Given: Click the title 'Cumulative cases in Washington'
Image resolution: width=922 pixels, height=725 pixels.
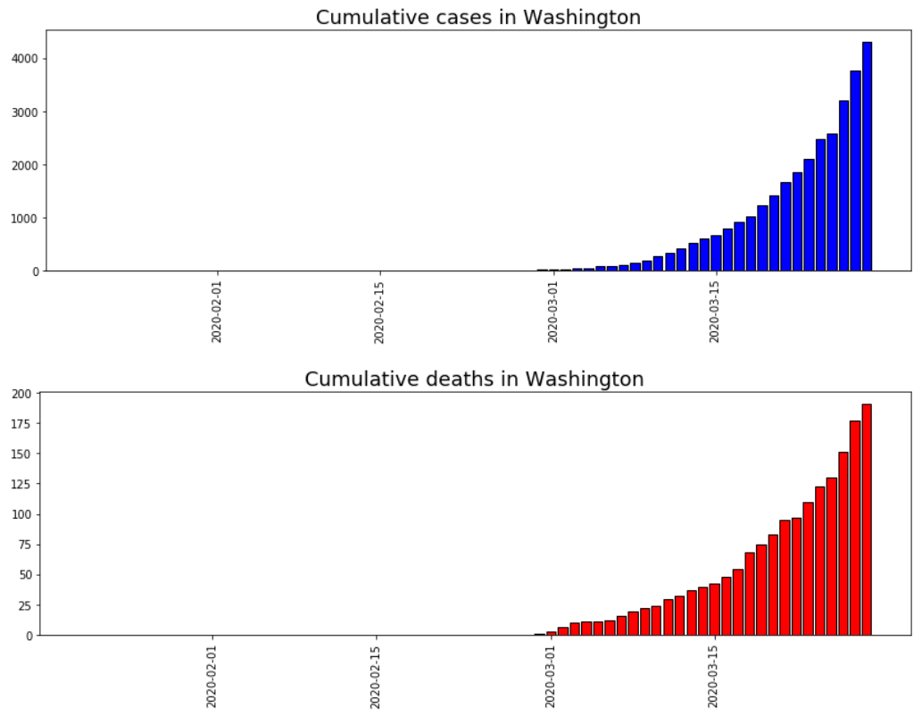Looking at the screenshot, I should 478,17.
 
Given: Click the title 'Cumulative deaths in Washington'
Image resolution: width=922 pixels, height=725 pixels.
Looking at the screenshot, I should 474,379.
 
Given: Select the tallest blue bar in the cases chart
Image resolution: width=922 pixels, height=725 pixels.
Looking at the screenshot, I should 867,156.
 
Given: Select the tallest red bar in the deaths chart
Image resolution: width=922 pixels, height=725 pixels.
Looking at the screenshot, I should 867,520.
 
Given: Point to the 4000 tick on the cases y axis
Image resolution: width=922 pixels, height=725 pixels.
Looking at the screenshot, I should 24,59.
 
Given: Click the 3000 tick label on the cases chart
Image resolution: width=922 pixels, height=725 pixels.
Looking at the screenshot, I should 24,112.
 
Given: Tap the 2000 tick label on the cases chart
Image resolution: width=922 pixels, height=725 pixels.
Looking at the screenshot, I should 24,165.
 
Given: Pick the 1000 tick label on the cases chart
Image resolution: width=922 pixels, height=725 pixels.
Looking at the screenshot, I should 24,218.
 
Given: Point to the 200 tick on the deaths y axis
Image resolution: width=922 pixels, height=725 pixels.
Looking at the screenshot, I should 21,394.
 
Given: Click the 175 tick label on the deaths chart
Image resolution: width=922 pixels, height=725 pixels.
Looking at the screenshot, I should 21,424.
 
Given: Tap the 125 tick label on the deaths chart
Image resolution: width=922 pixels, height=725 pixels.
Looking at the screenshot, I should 21,485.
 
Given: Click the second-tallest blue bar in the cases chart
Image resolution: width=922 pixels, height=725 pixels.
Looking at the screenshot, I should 855,171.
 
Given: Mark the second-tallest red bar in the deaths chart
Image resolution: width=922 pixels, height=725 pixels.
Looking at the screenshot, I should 855,528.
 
